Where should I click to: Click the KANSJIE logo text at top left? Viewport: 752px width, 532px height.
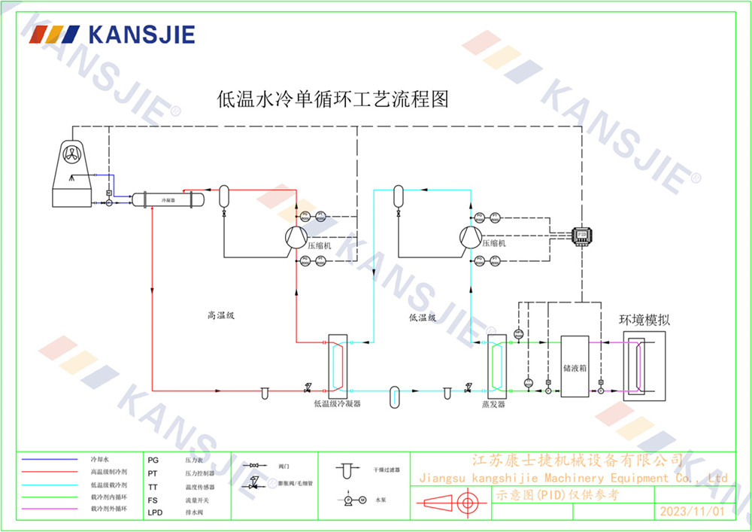click(141, 35)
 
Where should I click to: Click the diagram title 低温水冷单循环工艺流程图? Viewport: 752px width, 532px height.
click(332, 99)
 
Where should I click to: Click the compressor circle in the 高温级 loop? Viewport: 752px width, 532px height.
click(295, 238)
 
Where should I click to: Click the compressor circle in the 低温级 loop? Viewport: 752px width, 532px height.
click(469, 238)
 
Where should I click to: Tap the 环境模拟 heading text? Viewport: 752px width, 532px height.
click(644, 319)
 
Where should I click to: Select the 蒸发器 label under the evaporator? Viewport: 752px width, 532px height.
click(493, 404)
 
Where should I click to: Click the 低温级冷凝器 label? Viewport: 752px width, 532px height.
click(338, 404)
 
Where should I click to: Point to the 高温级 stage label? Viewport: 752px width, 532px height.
click(222, 316)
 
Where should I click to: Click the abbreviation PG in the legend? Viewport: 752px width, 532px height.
click(153, 458)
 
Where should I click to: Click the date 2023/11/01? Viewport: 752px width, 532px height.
click(691, 511)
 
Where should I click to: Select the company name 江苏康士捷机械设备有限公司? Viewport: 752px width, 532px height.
click(577, 460)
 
